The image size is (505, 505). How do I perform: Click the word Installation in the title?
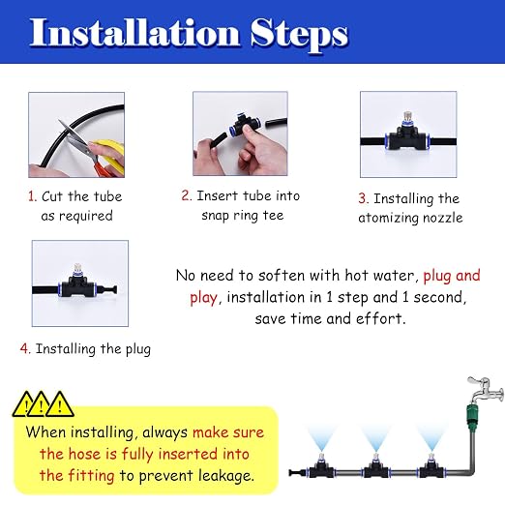coord(134,33)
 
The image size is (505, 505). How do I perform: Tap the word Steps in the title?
coord(299,35)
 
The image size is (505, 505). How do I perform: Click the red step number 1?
coord(32,196)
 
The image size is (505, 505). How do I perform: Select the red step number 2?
coord(186,195)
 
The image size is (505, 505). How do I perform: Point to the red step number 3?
coord(363,198)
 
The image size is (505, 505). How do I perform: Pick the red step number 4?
coord(25,348)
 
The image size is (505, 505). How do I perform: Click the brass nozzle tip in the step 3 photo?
coord(407,116)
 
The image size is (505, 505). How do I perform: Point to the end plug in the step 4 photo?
coord(108,289)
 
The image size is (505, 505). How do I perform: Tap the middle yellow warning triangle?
coord(41,405)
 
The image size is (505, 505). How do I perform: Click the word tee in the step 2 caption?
coord(273,215)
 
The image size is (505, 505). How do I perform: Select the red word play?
coord(203,298)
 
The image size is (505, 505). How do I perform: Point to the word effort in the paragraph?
coord(379,318)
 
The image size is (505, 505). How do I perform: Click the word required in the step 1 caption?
coord(85,216)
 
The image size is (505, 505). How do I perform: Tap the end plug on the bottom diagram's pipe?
coord(294,473)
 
